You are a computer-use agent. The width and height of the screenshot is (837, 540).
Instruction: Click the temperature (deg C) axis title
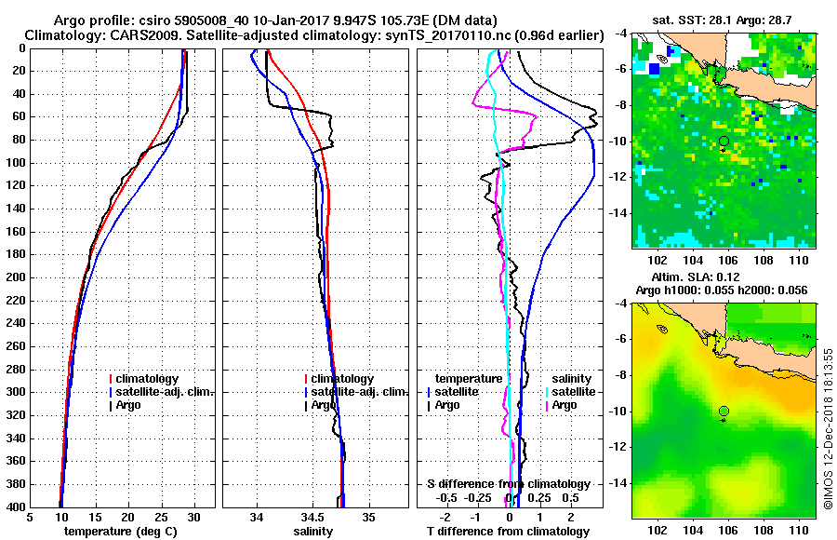121,532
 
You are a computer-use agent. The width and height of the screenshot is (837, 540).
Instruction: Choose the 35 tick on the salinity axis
369,517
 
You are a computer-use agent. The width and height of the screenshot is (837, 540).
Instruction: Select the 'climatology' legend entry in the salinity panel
342,379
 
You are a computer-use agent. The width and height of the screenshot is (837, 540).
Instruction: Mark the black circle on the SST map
724,141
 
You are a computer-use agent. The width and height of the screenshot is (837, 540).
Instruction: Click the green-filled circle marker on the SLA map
724,411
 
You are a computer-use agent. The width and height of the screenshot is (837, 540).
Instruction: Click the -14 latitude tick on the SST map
617,213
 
